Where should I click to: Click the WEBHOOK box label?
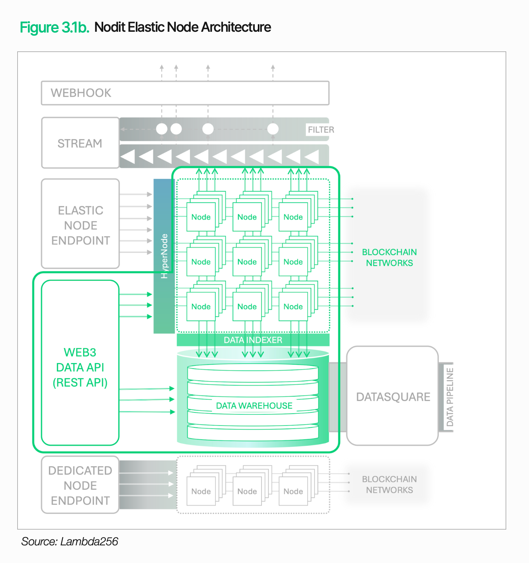click(81, 93)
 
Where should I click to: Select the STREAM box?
click(80, 143)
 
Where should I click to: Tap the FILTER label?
click(321, 130)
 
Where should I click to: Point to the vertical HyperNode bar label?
click(164, 256)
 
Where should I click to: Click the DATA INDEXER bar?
click(253, 340)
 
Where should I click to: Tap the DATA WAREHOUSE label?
click(254, 406)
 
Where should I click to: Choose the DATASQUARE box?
click(393, 396)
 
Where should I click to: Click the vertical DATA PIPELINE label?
click(450, 397)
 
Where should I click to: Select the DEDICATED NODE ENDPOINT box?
click(80, 485)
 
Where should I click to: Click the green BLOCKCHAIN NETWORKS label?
click(389, 258)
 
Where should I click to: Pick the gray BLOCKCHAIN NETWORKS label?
click(389, 485)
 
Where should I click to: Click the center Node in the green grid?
click(247, 262)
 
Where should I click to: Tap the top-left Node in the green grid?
click(201, 217)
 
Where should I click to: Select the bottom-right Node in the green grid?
click(293, 307)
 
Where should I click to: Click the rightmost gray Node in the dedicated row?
click(293, 491)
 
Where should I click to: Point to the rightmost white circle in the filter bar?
click(273, 129)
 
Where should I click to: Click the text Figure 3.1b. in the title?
click(55, 27)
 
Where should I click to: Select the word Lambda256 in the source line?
click(89, 541)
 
